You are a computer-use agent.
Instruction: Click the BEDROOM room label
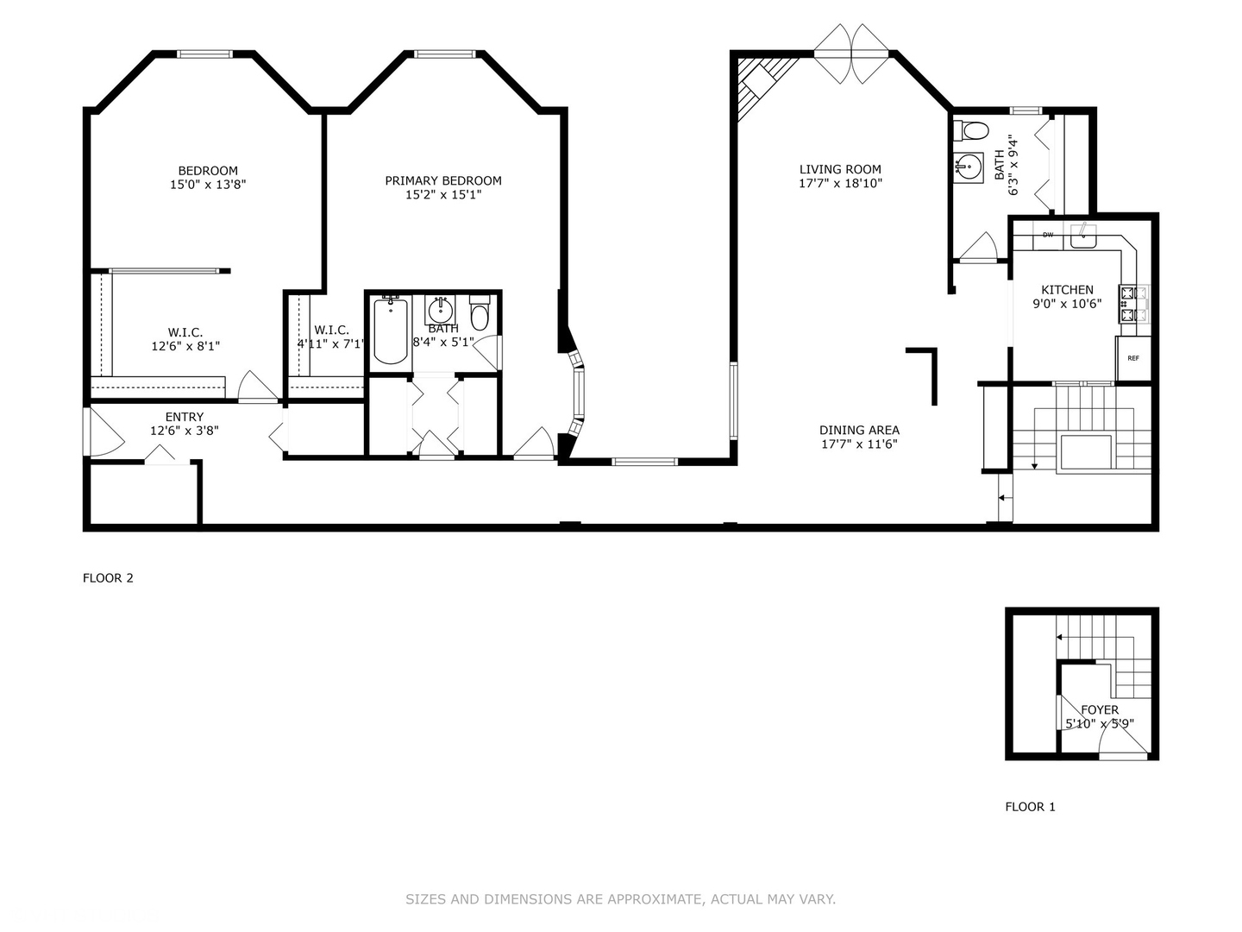pos(208,171)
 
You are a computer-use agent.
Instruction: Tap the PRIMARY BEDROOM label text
pos(443,181)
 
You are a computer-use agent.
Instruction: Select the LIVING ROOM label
pos(840,170)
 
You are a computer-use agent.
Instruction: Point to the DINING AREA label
pos(859,431)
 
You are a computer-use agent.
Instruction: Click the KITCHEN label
pos(1067,291)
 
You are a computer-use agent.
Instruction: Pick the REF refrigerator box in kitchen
pos(1132,359)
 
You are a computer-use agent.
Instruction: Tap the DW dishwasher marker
pos(1048,235)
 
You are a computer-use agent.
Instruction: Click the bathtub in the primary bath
pos(391,330)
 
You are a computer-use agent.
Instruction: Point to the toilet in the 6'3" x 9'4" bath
pos(973,131)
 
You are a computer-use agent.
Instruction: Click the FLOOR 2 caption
pos(108,578)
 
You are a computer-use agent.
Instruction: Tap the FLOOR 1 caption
pos(1030,807)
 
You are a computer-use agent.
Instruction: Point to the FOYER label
pos(1100,710)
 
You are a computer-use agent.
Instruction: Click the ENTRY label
pos(185,418)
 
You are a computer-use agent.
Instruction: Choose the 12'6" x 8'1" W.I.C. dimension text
pos(185,346)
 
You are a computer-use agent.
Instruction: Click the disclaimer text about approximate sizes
pos(620,899)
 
